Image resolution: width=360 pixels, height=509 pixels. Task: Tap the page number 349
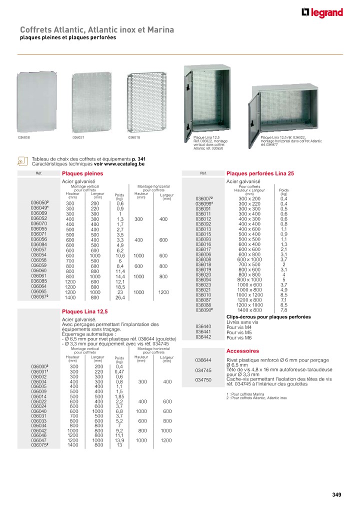coord(336,495)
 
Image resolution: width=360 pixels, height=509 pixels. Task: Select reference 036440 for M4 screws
coord(203,326)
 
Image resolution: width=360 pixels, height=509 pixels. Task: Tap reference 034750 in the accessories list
coord(203,379)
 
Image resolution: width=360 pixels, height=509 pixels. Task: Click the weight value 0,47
coord(119,371)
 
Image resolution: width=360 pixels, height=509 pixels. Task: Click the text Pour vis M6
coord(238,338)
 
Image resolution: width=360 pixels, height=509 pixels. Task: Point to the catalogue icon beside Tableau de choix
coord(22,161)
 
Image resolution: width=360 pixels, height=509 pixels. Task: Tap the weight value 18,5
coord(119,286)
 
